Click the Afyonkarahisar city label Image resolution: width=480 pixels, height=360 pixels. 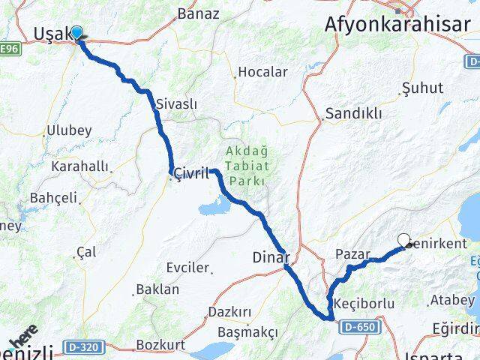point(395,23)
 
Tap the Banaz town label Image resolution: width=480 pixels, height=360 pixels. point(198,13)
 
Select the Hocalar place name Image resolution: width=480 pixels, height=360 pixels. point(262,72)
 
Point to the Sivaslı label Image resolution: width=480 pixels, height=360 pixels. point(177,104)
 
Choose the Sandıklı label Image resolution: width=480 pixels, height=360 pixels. point(353,114)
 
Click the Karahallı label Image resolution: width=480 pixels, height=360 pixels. point(80,166)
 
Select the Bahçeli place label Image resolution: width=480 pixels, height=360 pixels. point(53,198)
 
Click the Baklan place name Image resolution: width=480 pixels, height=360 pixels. point(157,289)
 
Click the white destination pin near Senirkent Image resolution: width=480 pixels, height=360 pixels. point(405,240)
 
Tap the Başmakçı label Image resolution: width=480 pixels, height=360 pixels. point(247,331)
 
